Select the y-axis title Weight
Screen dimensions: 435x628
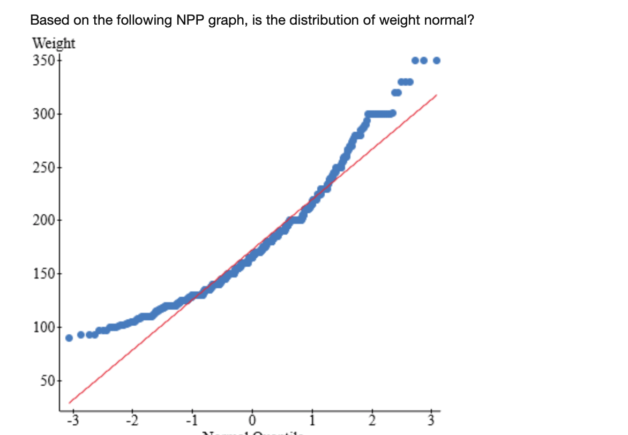(54, 43)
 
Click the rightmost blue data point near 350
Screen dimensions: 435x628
(436, 60)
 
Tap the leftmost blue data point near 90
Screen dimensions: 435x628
(69, 338)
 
